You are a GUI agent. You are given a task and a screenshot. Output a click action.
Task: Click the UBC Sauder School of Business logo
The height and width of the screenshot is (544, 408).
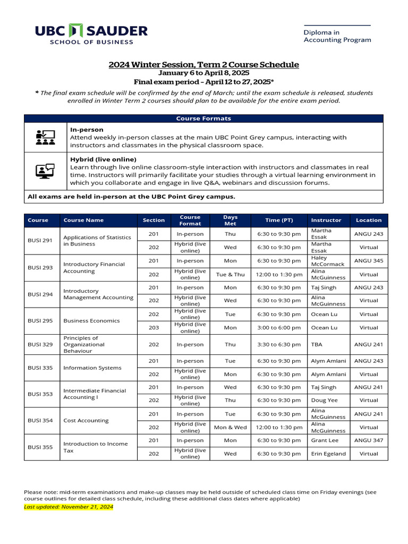coord(91,35)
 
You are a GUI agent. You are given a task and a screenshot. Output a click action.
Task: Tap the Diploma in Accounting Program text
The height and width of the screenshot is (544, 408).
coord(337,36)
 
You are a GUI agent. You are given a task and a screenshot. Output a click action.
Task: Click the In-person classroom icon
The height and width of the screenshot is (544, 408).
coord(45,137)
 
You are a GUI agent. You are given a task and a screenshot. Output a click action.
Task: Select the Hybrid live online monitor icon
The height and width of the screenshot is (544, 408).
coord(45,171)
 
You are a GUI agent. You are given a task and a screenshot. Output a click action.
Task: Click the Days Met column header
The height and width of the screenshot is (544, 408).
coord(230,220)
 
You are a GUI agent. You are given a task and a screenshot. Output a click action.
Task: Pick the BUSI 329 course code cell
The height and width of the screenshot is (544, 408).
coord(40,344)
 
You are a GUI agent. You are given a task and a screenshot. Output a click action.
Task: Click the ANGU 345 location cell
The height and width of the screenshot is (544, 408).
coord(369,261)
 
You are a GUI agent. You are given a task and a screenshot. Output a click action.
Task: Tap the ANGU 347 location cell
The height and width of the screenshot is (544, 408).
coord(369,440)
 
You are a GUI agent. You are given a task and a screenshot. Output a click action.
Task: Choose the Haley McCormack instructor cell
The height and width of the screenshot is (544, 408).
coord(327,261)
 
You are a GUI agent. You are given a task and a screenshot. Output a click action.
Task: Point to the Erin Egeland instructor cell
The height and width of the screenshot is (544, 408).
coord(328,454)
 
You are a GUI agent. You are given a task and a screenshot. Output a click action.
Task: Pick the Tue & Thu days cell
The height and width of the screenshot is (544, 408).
coord(230,275)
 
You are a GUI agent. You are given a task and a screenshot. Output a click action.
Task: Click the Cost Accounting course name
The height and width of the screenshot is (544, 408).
coord(86,420)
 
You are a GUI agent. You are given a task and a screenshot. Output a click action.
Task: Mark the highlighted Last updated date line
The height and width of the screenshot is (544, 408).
coord(69,507)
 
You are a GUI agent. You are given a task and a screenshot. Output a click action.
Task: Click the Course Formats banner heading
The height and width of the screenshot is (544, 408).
coord(203,118)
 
